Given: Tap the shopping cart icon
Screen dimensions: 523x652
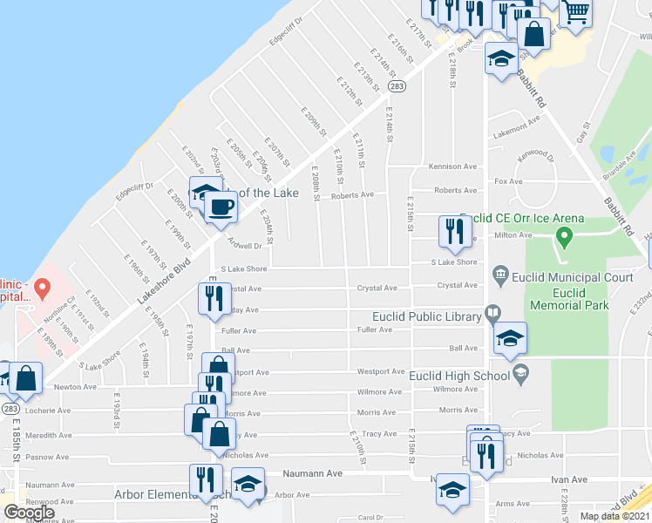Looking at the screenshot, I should click(574, 14).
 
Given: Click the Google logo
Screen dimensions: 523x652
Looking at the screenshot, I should click(29, 513).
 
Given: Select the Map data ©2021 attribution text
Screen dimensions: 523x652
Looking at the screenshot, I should click(614, 516).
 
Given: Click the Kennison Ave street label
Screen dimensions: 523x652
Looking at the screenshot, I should click(453, 166).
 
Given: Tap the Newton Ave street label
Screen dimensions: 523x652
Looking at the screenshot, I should click(75, 387).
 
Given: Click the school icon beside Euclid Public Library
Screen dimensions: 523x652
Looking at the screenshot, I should click(510, 340).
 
